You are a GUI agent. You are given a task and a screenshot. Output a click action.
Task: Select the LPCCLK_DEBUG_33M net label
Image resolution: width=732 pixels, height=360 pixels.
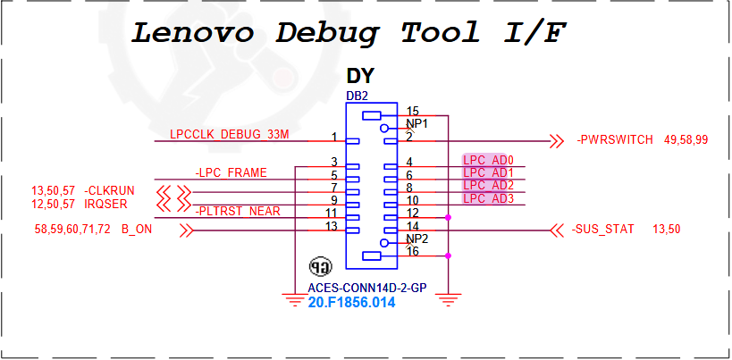click(x=230, y=135)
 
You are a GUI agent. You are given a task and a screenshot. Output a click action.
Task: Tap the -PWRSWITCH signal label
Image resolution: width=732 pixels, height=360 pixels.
click(x=615, y=140)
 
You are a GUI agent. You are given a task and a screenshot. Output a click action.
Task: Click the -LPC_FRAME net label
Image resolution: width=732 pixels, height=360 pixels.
click(x=231, y=173)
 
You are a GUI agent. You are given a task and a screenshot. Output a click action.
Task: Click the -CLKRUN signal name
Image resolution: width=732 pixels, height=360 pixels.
click(x=110, y=191)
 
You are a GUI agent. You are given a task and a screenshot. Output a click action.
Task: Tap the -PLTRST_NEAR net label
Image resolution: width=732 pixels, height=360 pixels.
click(x=238, y=211)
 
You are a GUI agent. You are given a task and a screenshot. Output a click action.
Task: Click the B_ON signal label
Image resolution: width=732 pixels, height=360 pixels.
click(x=137, y=230)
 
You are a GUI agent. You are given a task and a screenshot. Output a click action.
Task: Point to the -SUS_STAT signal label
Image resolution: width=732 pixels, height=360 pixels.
click(x=602, y=229)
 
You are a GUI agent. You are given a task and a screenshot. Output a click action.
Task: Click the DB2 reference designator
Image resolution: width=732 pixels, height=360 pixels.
click(x=358, y=96)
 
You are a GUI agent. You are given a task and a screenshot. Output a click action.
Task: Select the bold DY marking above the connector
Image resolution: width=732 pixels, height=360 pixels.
click(x=360, y=76)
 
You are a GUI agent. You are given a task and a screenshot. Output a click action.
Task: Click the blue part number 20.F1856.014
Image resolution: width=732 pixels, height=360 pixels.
click(x=351, y=303)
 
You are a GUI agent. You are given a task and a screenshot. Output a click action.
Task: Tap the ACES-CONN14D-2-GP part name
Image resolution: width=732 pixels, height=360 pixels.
click(x=367, y=289)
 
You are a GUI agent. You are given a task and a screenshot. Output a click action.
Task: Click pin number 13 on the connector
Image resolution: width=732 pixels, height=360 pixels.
click(x=331, y=226)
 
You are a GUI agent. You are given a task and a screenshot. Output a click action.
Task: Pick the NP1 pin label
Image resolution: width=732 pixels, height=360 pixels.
click(x=416, y=124)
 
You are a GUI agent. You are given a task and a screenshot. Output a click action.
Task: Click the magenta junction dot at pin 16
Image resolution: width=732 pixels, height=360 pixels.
click(x=448, y=255)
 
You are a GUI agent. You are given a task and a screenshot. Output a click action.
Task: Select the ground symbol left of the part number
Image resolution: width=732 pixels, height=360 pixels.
click(x=294, y=299)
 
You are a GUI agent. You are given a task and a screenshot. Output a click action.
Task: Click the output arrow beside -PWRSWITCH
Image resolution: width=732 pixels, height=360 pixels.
click(x=557, y=141)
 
